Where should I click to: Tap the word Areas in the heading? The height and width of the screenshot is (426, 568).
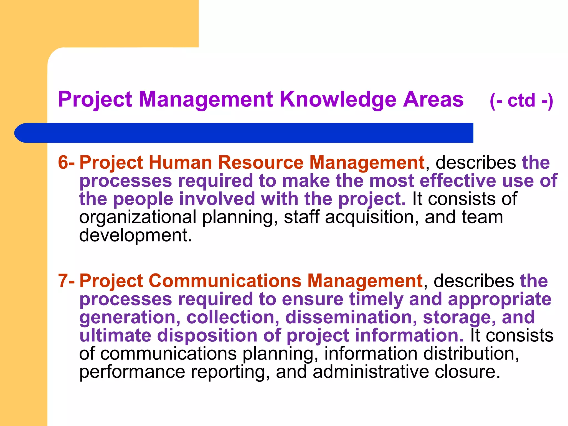[x=433, y=99]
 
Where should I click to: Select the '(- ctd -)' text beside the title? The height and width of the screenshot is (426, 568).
[x=521, y=100]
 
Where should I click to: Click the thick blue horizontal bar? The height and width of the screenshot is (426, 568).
[x=244, y=133]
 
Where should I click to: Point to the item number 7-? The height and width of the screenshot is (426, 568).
[x=66, y=281]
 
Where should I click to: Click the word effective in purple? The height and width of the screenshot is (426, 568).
[x=458, y=181]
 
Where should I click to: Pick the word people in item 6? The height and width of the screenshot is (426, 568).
[x=143, y=199]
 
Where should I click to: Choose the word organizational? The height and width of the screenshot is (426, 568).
[x=138, y=217]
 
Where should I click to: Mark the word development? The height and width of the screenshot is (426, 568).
[x=135, y=235]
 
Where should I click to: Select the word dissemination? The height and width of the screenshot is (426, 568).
[x=351, y=318]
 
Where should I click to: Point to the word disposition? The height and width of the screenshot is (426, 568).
[x=207, y=336]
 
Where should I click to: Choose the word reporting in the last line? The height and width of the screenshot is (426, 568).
[x=230, y=372]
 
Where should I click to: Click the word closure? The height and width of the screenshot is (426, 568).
[x=467, y=372]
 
